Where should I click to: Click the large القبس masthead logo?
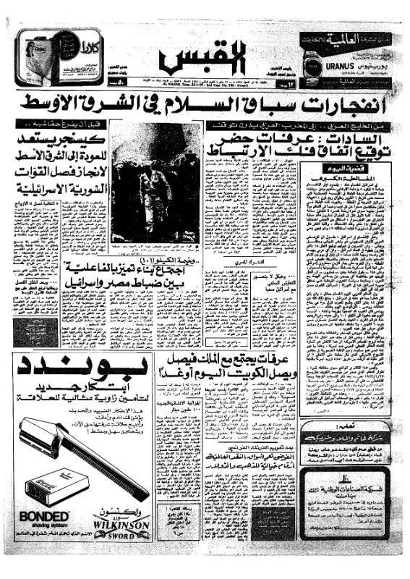(205, 56)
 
